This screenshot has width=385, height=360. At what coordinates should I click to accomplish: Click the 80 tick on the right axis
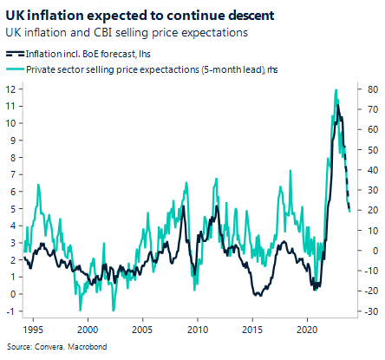372,88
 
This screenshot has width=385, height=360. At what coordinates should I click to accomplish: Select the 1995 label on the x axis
29,330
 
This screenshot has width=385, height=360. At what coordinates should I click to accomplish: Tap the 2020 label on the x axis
308,330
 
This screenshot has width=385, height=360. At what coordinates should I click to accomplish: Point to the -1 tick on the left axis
10,311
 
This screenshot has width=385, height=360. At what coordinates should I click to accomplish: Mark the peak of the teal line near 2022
335,90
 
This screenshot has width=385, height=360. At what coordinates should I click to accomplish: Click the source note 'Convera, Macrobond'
42,347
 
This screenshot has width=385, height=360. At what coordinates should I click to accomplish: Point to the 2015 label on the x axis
252,330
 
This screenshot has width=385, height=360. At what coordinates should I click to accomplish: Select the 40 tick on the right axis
372,170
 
